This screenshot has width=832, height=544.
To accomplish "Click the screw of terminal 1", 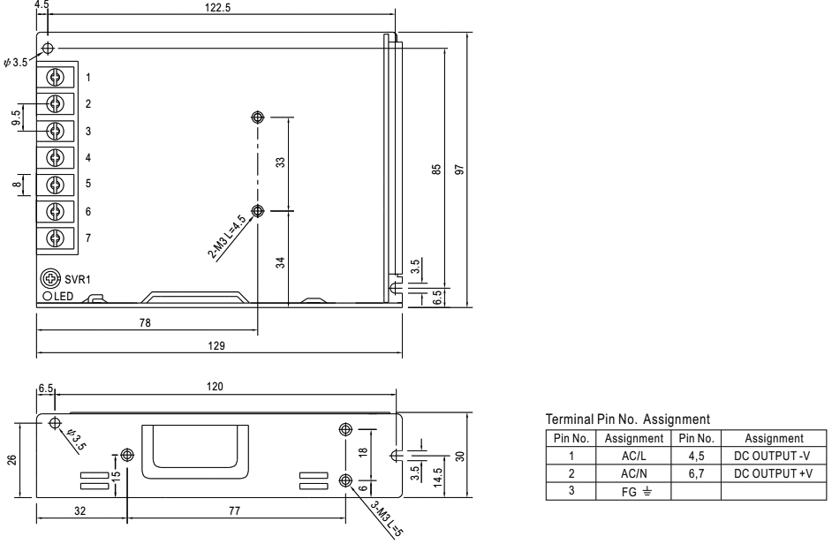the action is [x=55, y=78].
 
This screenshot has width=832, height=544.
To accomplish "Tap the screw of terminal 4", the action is [x=55, y=157].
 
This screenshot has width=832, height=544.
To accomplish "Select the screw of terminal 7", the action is [x=55, y=238].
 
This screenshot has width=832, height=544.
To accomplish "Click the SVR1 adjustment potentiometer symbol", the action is [x=50, y=278].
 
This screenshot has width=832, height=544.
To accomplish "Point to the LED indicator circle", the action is [x=47, y=296].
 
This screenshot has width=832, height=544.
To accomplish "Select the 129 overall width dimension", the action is [x=216, y=346].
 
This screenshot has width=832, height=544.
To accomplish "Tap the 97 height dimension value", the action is [x=459, y=170].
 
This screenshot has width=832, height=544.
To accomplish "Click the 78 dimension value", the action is [x=145, y=322].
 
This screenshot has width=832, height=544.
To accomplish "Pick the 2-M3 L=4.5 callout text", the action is [x=227, y=238].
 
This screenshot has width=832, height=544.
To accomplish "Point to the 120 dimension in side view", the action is [x=215, y=387].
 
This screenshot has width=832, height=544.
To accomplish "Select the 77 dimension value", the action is [x=234, y=510].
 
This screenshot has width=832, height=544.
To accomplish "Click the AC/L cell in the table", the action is [x=633, y=456].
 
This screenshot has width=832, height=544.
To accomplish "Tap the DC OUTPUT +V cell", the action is [x=773, y=473].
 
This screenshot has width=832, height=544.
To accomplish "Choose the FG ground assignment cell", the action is [x=633, y=491].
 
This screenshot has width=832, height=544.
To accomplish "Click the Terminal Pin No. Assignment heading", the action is [x=628, y=419].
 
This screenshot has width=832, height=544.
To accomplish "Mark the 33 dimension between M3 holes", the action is [x=281, y=162].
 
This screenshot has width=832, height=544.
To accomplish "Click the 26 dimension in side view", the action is [x=11, y=459].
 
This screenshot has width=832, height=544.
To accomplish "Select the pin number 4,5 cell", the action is [x=696, y=456].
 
